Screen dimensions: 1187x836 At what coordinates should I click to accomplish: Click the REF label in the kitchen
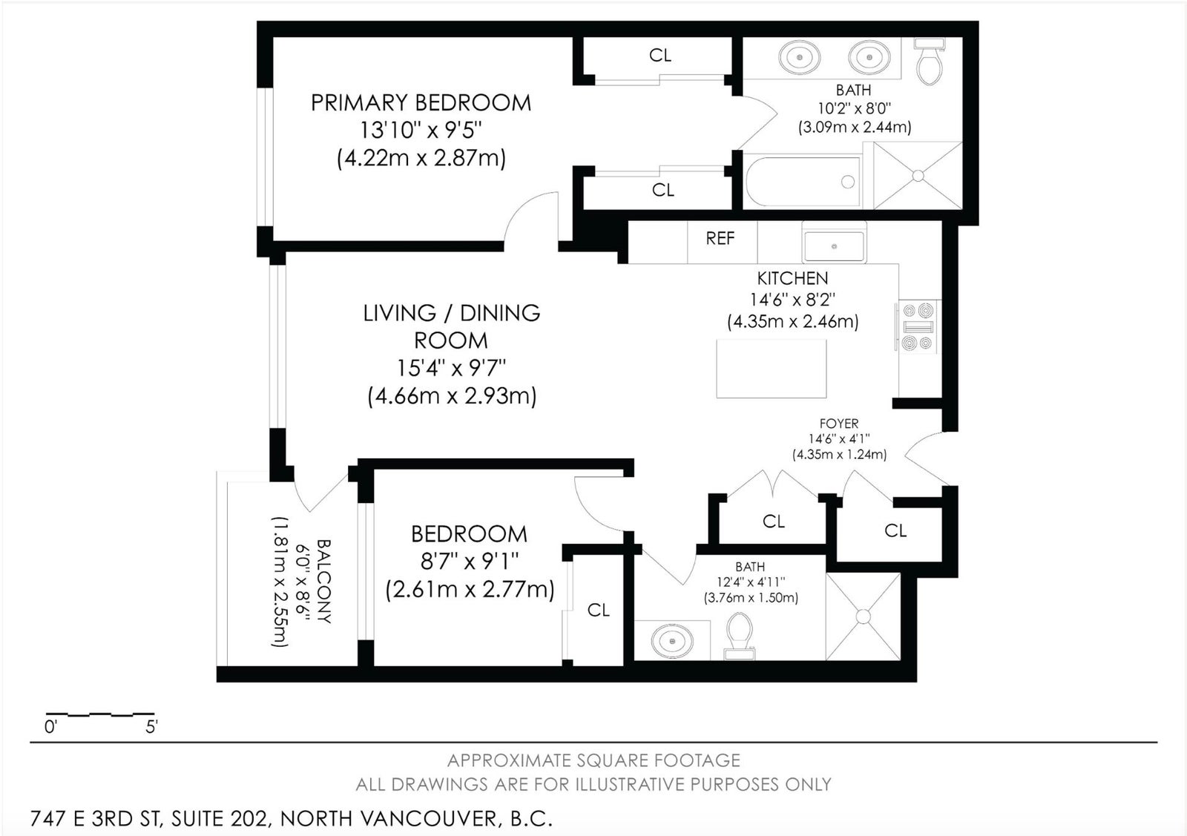720,238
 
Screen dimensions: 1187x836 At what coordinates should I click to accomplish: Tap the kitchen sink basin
834,246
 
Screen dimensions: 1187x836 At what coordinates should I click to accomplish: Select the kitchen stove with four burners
918,326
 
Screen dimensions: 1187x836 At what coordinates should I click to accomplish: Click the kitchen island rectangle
771,368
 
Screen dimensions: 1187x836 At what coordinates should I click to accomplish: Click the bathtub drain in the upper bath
848,182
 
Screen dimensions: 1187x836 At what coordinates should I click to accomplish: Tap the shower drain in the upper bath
918,175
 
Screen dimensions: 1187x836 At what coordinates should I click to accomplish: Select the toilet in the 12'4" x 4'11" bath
740,636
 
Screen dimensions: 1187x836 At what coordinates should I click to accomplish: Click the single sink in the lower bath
672,641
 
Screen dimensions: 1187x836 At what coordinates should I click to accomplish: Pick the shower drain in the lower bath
864,616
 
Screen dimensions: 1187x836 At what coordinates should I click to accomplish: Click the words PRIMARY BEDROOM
421,103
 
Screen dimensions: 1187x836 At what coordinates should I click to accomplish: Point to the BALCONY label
323,581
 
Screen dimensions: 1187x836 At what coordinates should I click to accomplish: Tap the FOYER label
839,424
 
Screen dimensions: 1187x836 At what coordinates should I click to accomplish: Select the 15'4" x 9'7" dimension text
452,368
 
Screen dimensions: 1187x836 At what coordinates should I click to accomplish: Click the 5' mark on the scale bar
151,727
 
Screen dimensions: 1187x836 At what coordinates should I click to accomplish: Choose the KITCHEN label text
792,278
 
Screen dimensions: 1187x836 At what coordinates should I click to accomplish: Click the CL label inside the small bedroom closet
598,610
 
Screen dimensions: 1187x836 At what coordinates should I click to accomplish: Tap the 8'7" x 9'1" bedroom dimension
470,561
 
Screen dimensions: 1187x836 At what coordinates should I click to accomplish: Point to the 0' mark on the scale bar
50,727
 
